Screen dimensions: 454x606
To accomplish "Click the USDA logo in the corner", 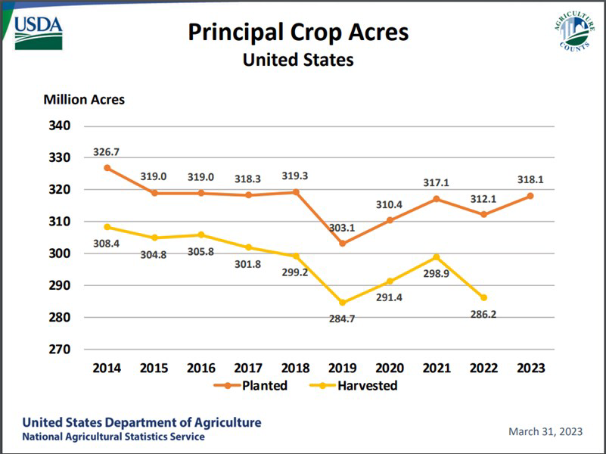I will click(x=39, y=32).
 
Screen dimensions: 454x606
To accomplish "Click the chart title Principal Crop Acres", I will click(x=298, y=33).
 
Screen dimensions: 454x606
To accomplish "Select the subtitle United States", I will click(x=298, y=60).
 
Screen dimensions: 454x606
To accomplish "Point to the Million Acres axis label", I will click(x=84, y=99).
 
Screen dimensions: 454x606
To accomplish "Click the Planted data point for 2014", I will click(x=107, y=168).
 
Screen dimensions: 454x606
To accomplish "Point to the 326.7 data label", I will click(x=107, y=152).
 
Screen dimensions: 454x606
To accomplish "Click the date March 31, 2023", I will click(x=545, y=431).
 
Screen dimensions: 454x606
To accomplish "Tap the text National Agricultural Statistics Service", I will click(x=113, y=437).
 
